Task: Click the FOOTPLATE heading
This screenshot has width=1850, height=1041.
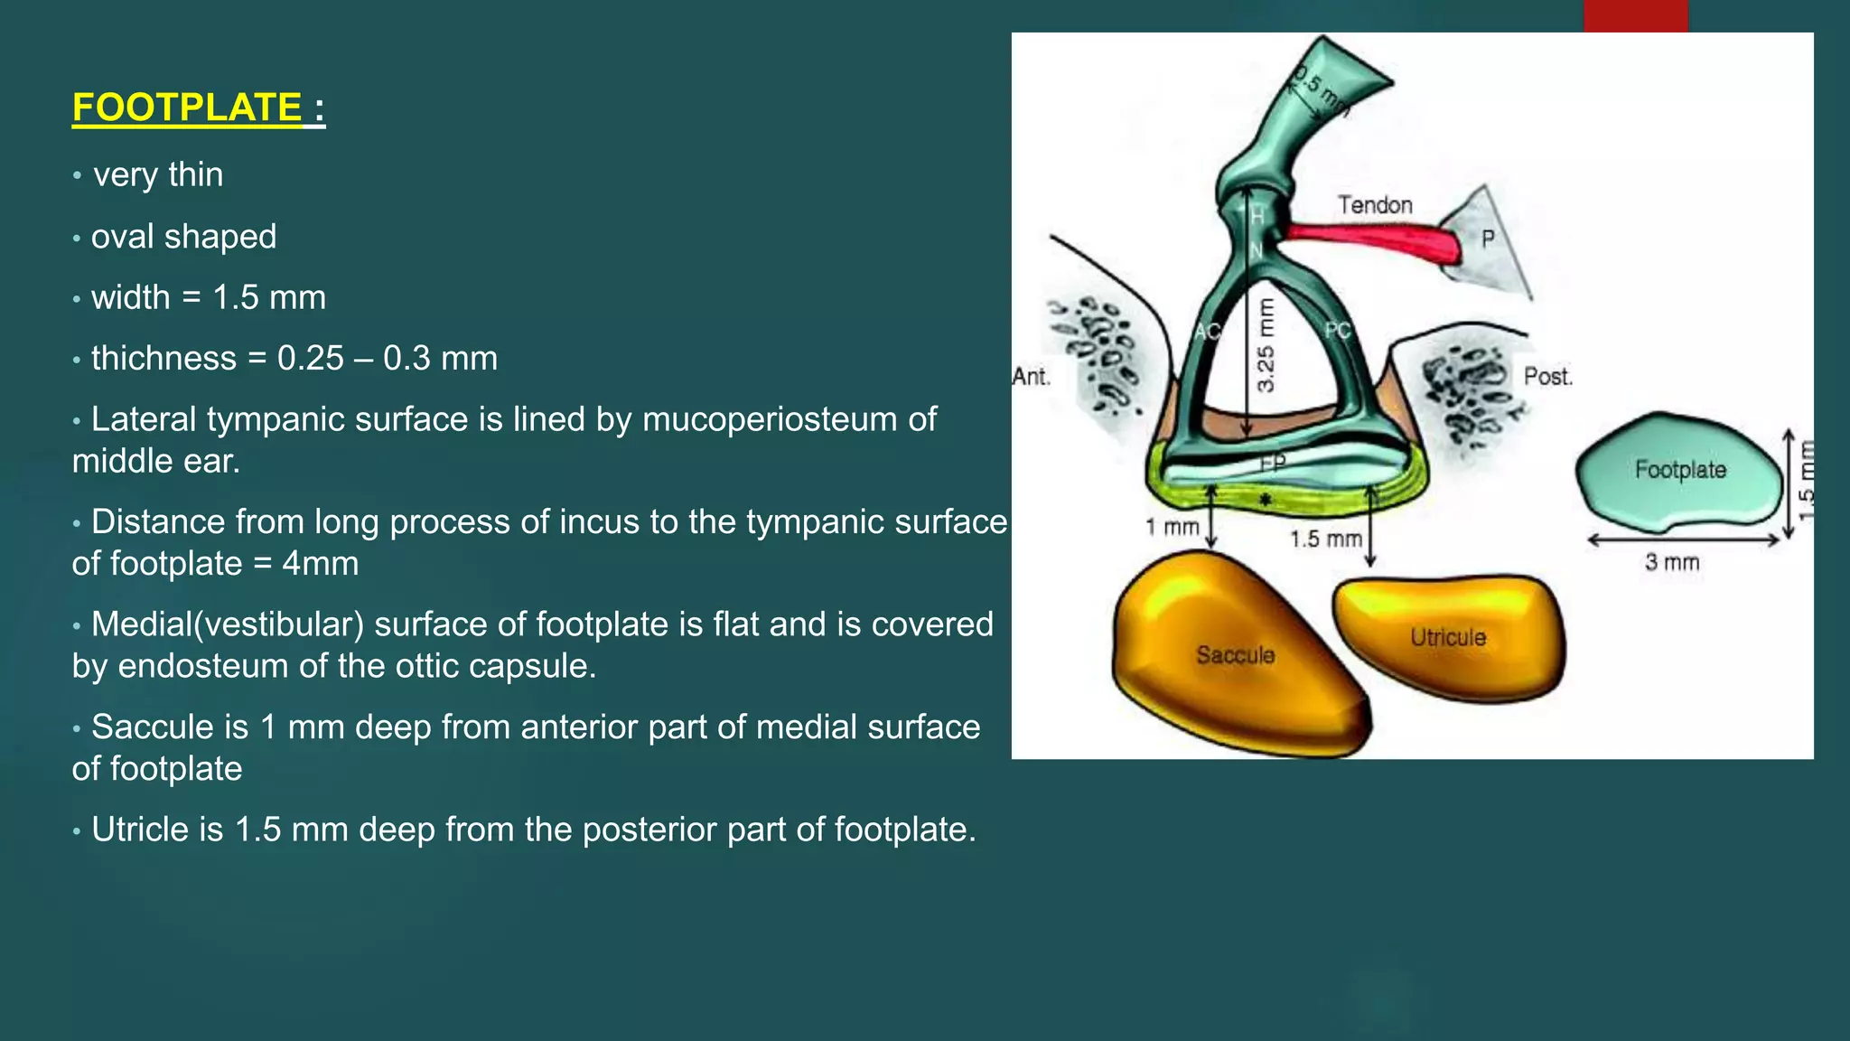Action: tap(187, 108)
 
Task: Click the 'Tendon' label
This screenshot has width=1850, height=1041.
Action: tap(1374, 205)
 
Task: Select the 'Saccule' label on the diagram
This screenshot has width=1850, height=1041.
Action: tap(1235, 655)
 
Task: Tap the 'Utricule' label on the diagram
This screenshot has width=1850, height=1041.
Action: tap(1448, 637)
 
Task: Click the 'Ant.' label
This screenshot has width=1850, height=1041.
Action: tap(1031, 377)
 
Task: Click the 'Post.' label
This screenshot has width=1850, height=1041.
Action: tap(1547, 377)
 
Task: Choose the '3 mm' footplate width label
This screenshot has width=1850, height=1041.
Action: tap(1671, 563)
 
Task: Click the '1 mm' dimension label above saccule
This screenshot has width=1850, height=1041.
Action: tap(1172, 527)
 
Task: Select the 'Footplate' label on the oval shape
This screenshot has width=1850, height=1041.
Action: tap(1680, 470)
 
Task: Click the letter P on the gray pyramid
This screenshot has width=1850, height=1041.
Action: tap(1488, 239)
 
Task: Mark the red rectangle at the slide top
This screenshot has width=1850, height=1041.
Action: tap(1635, 15)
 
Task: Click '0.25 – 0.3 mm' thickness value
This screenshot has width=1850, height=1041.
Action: tap(387, 359)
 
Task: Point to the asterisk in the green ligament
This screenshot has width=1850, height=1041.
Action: tap(1266, 500)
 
